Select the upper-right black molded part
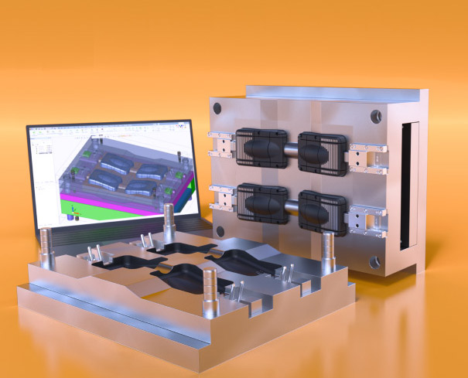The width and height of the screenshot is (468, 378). (320, 148)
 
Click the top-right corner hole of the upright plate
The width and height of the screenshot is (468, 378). (376, 115)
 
